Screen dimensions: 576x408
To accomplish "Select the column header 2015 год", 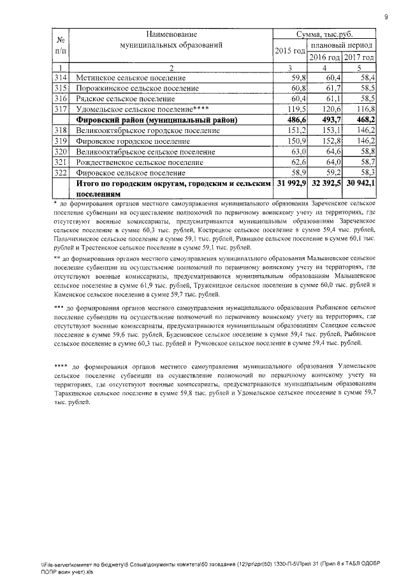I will point(289,51).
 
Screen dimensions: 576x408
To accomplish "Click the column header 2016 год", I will point(324,58).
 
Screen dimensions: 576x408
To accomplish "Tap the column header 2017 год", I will point(358,58).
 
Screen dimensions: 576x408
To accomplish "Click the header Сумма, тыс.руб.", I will point(324,34).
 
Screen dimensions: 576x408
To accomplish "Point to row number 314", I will point(61,78).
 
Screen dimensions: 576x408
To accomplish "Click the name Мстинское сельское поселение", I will point(126,78).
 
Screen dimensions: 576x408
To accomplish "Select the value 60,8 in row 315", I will point(298,88).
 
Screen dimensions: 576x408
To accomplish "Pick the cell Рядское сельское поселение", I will point(125,99).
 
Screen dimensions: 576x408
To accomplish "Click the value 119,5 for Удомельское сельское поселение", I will point(295,109).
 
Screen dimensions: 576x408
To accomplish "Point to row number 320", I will point(61,151).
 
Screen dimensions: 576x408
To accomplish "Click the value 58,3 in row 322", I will point(364,172).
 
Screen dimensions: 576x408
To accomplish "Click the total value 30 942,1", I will point(360,183).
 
